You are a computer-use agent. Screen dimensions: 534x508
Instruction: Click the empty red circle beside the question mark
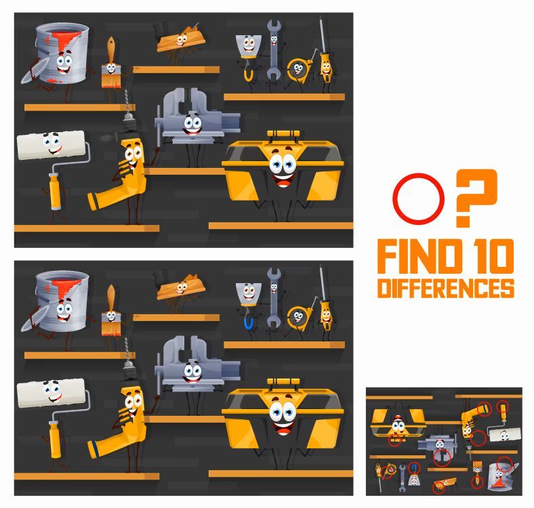coord(419,174)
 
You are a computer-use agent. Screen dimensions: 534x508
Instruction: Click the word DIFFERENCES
coord(446,289)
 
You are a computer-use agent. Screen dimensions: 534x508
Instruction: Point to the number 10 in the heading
coord(493,256)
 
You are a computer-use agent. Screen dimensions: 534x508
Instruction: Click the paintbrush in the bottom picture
coord(111,310)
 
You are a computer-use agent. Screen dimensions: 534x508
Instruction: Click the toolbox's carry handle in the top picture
coord(283,133)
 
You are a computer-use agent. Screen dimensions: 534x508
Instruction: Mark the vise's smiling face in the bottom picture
coord(192,373)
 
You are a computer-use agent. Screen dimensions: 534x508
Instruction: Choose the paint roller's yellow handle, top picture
coord(55,192)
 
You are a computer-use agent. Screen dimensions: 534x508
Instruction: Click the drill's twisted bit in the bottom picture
coord(127,350)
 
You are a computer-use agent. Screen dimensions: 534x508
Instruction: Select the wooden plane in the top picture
coord(181,40)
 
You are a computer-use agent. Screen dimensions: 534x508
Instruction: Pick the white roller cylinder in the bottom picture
coord(51,393)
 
